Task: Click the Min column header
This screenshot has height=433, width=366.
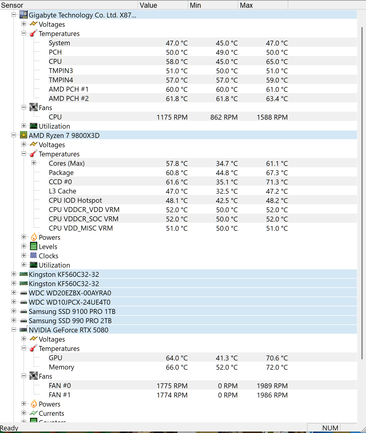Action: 195,5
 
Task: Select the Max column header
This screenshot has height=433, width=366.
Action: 246,5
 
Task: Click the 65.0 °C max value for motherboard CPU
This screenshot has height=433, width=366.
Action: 277,62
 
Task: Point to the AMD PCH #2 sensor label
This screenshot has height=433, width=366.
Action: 69,99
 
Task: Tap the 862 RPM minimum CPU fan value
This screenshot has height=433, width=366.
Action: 224,117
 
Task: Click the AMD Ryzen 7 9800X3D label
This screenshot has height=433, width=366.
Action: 64,136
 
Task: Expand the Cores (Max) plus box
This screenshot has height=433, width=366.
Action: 34,163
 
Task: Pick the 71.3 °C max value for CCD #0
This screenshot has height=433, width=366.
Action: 277,182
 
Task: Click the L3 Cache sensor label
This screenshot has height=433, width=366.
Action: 62,191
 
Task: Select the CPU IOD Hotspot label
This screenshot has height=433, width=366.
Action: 75,200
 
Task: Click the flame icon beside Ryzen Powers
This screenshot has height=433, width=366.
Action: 34,237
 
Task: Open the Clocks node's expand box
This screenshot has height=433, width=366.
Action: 24,255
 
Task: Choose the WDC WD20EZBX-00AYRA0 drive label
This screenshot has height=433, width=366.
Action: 70,293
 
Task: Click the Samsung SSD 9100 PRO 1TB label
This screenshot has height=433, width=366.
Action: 72,312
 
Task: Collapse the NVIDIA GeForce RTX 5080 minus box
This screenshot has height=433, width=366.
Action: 14,330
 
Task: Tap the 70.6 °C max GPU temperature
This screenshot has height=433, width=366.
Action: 277,358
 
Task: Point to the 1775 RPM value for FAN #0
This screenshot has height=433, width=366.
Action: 172,386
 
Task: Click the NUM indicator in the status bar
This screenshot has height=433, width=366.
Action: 330,428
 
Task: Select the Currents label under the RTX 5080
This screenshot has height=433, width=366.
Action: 51,413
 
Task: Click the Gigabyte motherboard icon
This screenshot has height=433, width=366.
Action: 24,15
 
